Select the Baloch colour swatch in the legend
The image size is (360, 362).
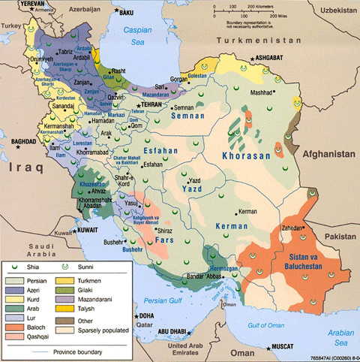tap(15, 315)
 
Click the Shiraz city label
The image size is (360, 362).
tap(165, 231)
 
